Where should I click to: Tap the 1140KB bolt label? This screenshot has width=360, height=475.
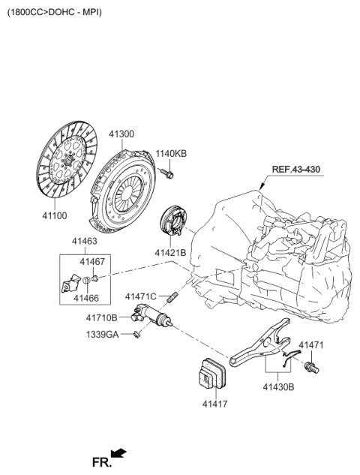(171, 154)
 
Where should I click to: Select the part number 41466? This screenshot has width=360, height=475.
(86, 298)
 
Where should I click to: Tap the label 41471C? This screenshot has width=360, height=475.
(141, 296)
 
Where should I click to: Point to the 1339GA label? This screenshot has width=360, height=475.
(104, 335)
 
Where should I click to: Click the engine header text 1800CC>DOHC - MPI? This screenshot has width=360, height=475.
(55, 13)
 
